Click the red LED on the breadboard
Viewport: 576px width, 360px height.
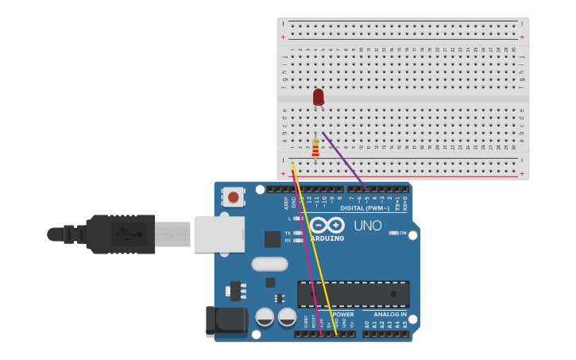pos(319,97)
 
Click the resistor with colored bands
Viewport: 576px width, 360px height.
pos(315,148)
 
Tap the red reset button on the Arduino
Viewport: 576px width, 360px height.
pos(233,196)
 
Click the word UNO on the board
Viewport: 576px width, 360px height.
pos(368,226)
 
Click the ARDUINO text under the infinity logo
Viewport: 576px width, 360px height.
pos(327,238)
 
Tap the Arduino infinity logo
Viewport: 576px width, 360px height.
pos(327,225)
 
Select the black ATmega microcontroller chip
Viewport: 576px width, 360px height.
pos(353,294)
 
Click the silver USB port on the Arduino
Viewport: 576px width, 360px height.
pos(219,234)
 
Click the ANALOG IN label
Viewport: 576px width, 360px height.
pos(386,315)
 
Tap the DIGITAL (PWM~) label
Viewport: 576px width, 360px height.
pos(365,208)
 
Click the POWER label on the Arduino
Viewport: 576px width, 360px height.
pos(343,315)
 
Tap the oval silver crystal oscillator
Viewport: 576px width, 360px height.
pos(269,264)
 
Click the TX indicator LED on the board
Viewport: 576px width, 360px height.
pos(297,233)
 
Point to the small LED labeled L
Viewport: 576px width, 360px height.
pos(297,218)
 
